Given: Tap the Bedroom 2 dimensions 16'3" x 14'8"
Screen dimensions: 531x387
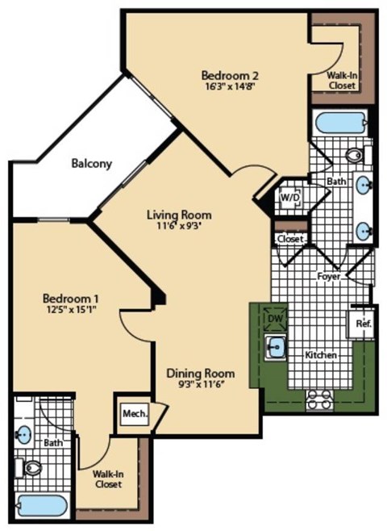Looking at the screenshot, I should [230, 90].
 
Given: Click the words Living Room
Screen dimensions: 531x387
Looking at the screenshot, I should [179, 215].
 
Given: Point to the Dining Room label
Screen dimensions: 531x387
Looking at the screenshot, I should [201, 373].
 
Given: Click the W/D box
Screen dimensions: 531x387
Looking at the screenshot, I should [289, 196].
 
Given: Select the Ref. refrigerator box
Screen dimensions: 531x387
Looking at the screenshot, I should [362, 324].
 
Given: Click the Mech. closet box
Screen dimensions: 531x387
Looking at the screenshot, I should [134, 414].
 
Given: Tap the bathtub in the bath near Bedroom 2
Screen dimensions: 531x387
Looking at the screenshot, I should [339, 123].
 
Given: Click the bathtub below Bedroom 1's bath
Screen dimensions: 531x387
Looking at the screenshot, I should [42, 506].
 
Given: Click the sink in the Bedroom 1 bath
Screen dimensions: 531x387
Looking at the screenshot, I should [24, 434].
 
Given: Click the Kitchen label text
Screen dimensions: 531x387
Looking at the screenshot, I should [320, 354].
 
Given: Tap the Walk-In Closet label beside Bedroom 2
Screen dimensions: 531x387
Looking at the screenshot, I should [341, 79].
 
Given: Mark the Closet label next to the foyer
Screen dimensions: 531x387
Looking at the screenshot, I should [289, 240].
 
